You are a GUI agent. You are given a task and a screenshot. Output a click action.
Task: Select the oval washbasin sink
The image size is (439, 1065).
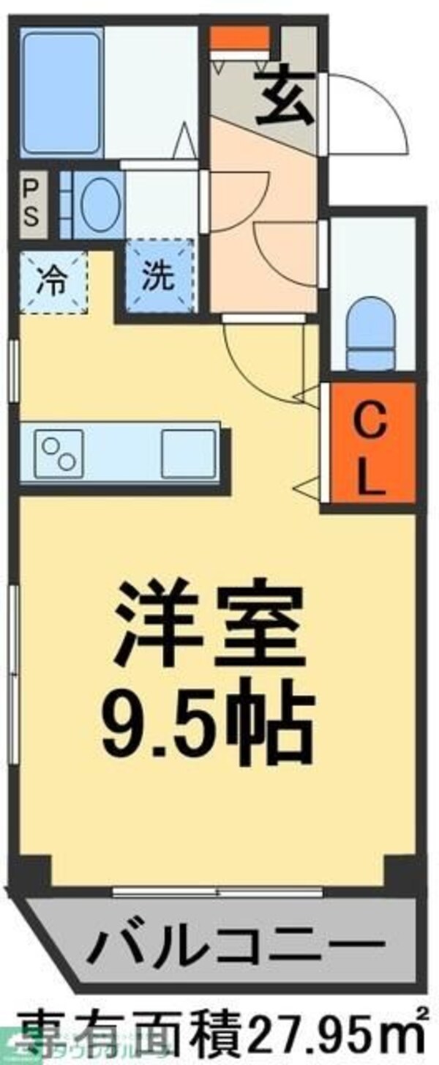click(x=100, y=205)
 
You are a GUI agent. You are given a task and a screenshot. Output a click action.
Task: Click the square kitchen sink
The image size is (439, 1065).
click(x=188, y=451)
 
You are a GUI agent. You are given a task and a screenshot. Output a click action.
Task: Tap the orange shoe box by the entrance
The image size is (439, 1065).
click(x=239, y=36)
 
